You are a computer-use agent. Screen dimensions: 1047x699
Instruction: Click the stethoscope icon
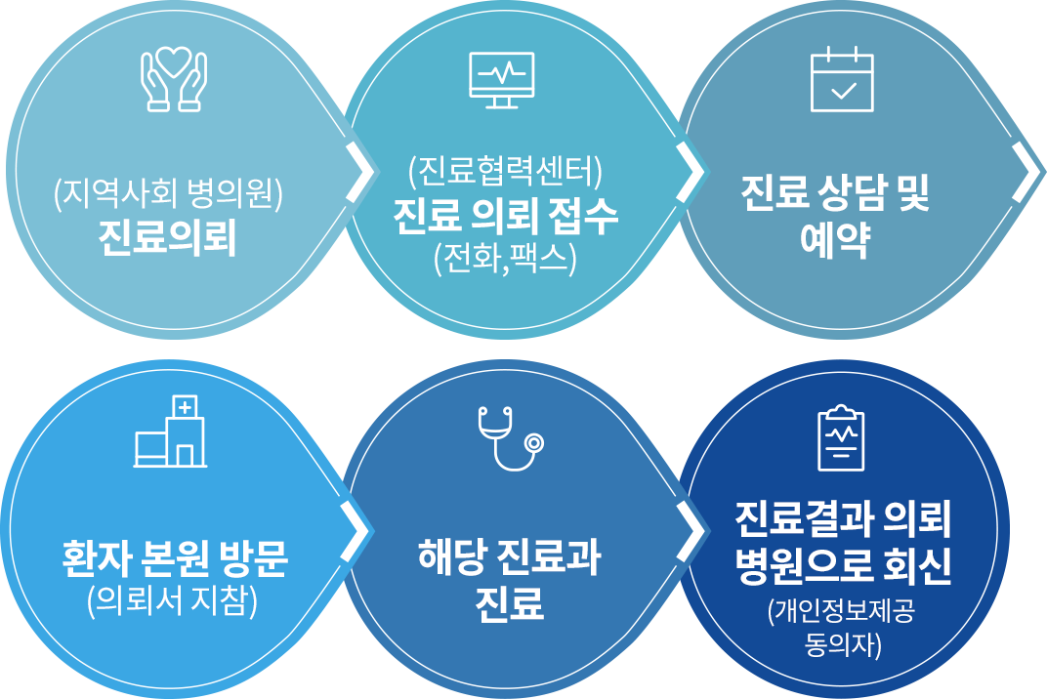tap(510, 438)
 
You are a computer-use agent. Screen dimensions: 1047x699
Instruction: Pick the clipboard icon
tap(840, 436)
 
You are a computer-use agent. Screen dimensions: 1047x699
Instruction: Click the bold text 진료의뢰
tap(168, 238)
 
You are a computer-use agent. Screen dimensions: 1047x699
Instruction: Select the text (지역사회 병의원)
tap(168, 194)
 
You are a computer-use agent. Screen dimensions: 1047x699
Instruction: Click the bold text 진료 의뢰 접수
tap(504, 217)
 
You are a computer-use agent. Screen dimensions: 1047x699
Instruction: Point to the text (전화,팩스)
tap(504, 257)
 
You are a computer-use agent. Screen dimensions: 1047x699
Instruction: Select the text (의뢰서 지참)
tap(172, 601)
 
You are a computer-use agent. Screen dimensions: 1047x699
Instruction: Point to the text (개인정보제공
tap(842, 612)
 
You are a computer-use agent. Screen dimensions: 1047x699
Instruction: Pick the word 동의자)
tap(843, 644)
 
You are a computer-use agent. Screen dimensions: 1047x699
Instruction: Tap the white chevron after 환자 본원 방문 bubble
tap(357, 532)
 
